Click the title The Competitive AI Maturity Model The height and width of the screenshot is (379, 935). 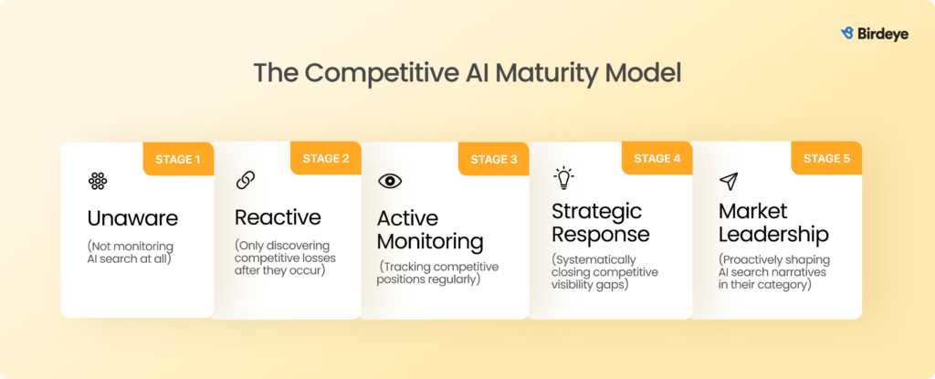(x=467, y=72)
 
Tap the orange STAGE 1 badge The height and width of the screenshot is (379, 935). (x=178, y=159)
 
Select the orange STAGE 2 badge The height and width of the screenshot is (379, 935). (x=326, y=158)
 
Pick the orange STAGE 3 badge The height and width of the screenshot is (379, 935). (x=493, y=159)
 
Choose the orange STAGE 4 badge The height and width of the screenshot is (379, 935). (x=657, y=158)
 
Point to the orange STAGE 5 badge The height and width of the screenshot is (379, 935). (x=826, y=158)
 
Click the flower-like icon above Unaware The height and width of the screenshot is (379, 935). (x=98, y=181)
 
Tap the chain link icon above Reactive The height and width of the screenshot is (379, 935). (x=246, y=180)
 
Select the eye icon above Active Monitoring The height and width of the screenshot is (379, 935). (x=390, y=181)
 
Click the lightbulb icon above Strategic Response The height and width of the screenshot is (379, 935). (x=563, y=177)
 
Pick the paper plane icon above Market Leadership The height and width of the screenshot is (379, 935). (x=729, y=181)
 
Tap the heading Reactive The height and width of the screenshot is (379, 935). (x=278, y=217)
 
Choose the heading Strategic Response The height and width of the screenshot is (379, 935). (x=600, y=222)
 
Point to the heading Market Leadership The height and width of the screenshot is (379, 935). (x=773, y=222)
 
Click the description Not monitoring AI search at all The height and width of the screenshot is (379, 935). (x=130, y=252)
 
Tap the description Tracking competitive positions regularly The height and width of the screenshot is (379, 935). (x=438, y=272)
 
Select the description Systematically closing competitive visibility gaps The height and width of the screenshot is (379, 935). (x=604, y=272)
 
